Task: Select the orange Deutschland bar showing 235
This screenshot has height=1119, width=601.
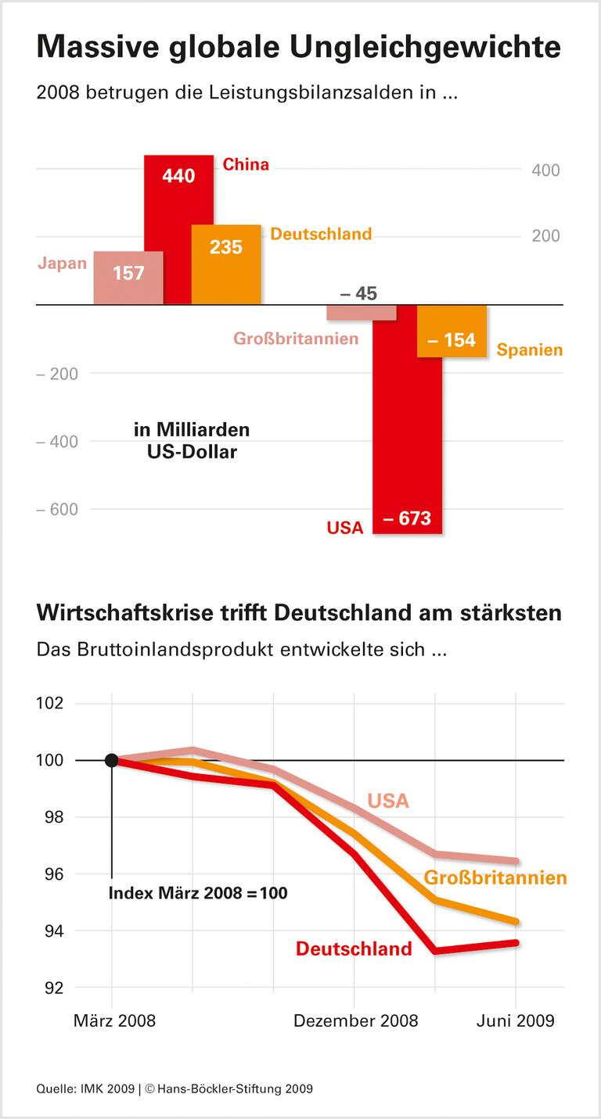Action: [x=226, y=264]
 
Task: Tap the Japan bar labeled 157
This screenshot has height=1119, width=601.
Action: [x=128, y=277]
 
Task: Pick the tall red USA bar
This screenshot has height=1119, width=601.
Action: [x=407, y=422]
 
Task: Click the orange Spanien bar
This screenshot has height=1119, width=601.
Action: [x=452, y=332]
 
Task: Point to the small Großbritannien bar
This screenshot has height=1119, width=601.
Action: [x=361, y=312]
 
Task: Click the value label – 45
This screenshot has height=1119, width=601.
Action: [x=358, y=294]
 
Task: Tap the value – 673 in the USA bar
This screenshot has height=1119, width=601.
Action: [x=407, y=518]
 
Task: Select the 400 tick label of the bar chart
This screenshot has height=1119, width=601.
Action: [x=545, y=170]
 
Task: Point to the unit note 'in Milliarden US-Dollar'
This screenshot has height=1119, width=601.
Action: [x=192, y=440]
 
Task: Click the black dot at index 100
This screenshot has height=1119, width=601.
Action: [x=112, y=760]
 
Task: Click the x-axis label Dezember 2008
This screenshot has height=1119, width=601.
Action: [x=355, y=1020]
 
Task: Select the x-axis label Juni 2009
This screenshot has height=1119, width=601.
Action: [x=516, y=1020]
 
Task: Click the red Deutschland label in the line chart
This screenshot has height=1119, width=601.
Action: [x=354, y=949]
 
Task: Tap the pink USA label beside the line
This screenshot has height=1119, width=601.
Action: [x=388, y=801]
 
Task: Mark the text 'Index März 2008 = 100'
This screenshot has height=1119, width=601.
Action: [x=198, y=892]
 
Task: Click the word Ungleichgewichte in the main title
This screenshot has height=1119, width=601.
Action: [x=426, y=48]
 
